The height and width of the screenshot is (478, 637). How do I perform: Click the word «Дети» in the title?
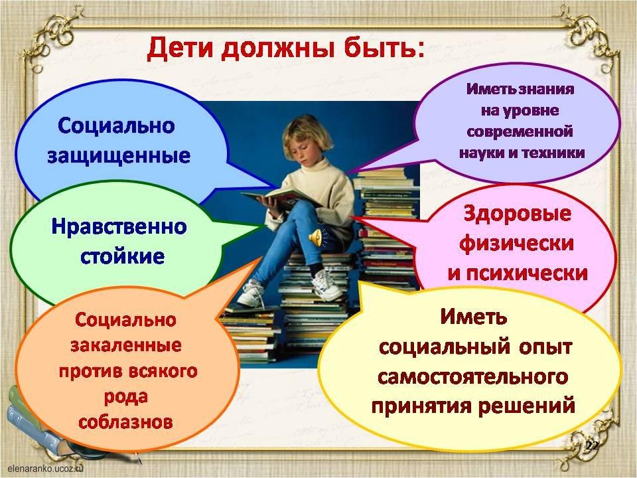pos(180,49)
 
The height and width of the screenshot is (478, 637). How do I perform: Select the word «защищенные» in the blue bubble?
pos(119,156)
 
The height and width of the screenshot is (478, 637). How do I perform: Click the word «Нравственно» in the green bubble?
pos(119,227)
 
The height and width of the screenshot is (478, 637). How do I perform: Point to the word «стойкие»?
pos(122,256)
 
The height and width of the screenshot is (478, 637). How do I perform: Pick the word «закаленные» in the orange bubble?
pos(126,345)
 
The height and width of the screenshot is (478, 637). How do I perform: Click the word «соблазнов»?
pos(125,422)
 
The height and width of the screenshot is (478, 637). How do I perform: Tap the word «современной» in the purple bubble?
pos(520,131)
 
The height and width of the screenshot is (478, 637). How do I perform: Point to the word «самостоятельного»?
pos(472,377)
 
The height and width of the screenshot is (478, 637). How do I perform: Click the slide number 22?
pos(593,446)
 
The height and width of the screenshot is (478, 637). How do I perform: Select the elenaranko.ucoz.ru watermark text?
pos(44,468)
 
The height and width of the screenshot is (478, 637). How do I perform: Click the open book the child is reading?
pos(280,198)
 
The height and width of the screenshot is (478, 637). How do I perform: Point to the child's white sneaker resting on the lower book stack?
pos(327,285)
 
